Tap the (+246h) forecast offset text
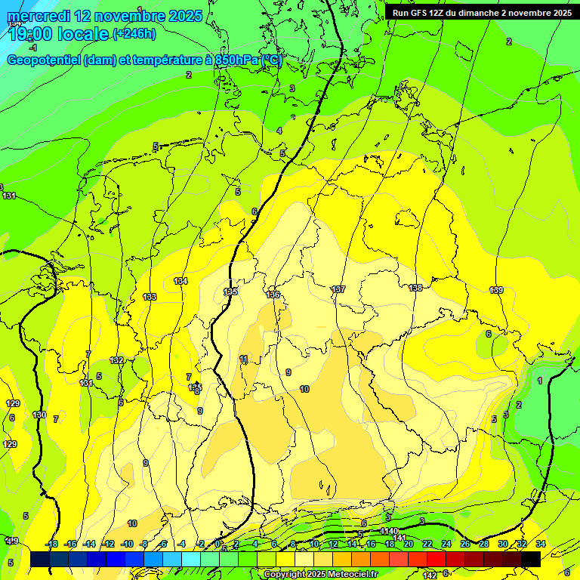tap(134, 33)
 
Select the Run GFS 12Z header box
tap(481, 12)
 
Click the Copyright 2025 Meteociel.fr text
tap(321, 574)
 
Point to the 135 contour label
tap(230, 292)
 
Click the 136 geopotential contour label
tap(273, 295)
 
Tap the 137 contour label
tap(338, 289)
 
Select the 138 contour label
tap(415, 288)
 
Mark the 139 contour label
tap(496, 291)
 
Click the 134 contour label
tap(180, 281)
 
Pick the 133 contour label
tap(150, 297)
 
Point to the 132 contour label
tap(116, 360)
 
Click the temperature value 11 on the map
tap(243, 359)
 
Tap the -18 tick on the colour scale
tap(51, 544)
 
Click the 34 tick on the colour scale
tap(541, 544)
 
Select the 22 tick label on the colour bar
tap(427, 544)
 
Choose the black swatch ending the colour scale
tap(531, 559)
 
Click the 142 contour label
tap(429, 575)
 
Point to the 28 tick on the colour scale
tap(484, 544)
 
